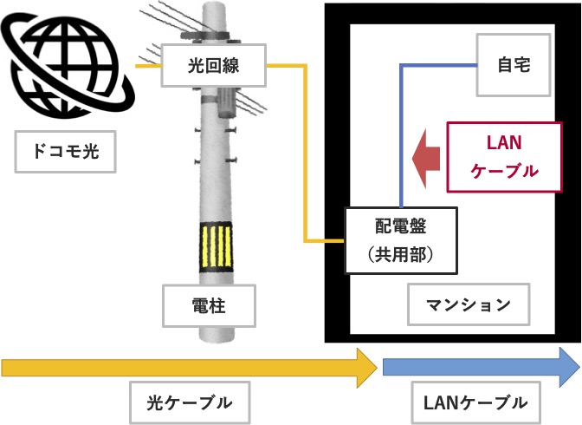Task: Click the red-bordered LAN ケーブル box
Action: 504,156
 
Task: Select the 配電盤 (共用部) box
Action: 400,240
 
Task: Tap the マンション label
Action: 468,304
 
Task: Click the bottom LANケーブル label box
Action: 475,402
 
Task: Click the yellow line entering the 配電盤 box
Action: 325,241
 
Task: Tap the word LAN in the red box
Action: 504,141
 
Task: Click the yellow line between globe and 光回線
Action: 150,64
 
